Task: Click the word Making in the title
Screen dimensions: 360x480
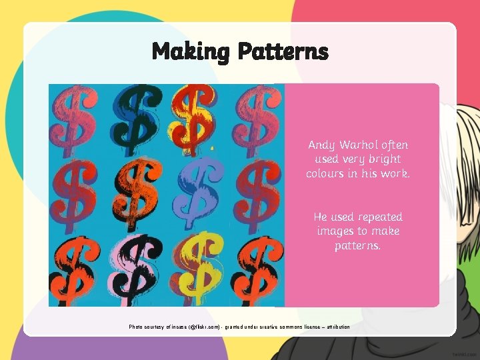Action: coord(189,51)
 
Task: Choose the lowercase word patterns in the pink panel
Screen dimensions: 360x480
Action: coord(358,246)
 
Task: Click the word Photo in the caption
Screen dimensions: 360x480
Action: coord(136,327)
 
